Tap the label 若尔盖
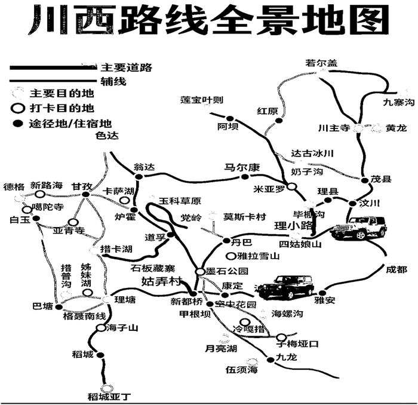point(321,62)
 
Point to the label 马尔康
point(242,168)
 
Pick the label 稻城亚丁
point(108,396)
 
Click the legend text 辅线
point(113,82)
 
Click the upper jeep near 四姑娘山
point(358,228)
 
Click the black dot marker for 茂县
point(365,179)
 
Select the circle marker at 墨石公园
point(200,272)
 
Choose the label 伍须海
point(241,371)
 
